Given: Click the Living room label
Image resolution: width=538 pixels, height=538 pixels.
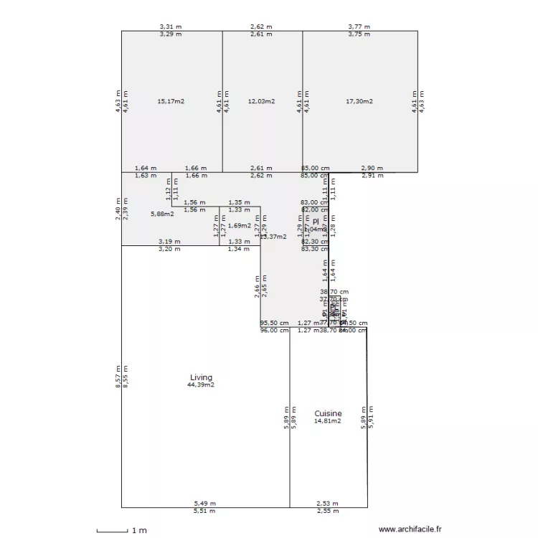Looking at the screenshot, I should click(x=201, y=377).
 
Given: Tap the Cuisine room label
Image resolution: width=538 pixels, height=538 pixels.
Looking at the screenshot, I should click(x=328, y=414).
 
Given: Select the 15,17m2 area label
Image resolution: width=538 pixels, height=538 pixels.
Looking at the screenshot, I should click(x=171, y=101).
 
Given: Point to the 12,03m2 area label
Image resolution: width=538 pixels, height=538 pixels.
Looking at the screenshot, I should click(x=261, y=101).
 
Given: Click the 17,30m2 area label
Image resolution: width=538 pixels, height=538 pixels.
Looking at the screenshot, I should click(x=359, y=101).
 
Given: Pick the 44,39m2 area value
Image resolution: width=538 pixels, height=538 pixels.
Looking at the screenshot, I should click(x=201, y=385).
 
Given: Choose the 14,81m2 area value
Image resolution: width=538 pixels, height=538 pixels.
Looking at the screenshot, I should click(x=328, y=421).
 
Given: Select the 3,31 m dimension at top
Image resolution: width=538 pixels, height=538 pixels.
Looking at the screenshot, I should click(x=171, y=27).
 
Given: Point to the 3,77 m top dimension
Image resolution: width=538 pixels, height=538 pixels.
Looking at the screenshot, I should click(x=359, y=27).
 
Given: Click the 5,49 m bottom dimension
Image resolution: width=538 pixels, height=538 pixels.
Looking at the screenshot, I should click(x=204, y=504).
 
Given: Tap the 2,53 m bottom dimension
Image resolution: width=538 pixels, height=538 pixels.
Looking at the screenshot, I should click(x=328, y=504).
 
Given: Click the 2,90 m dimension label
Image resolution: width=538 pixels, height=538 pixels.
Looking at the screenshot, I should click(x=372, y=168).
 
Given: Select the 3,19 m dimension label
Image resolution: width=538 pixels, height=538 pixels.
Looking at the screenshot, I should click(x=169, y=242).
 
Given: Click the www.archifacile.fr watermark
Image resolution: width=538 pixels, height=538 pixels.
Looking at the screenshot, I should click(x=410, y=529).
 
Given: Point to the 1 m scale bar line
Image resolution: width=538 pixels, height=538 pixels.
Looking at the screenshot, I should click(x=112, y=532).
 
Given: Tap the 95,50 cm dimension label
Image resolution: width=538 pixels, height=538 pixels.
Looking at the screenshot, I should click(x=274, y=324).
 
